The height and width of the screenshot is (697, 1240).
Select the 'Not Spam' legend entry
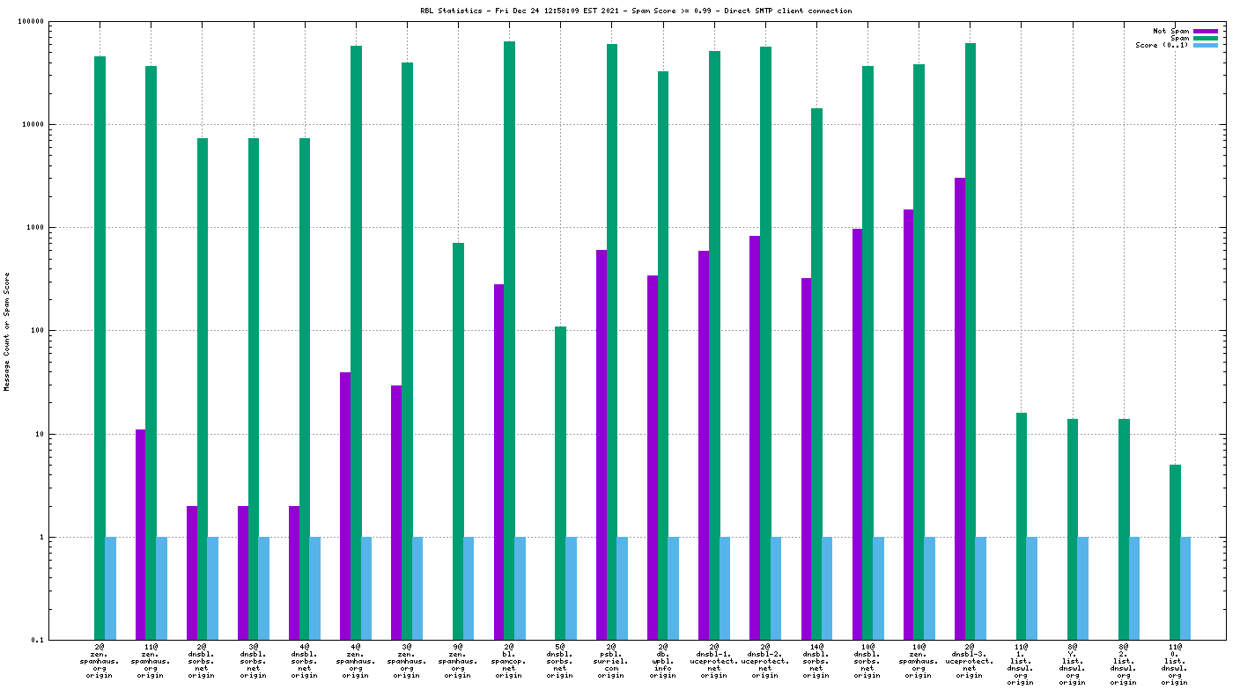click(x=1170, y=31)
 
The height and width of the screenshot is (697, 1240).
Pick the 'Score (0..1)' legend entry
click(x=1162, y=45)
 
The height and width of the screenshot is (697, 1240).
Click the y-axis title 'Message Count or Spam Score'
click(x=7, y=331)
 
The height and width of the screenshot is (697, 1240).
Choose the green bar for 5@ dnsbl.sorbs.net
click(x=561, y=483)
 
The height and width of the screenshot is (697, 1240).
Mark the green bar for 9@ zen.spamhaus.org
click(x=459, y=441)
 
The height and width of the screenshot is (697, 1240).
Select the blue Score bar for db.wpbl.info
click(x=674, y=588)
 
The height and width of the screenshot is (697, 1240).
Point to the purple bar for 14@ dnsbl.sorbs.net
click(x=806, y=459)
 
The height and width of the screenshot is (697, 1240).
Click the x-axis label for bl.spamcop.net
click(x=509, y=660)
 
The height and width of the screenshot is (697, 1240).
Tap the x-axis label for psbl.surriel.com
click(x=611, y=660)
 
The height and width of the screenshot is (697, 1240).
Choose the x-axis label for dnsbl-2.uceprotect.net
click(x=764, y=660)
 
